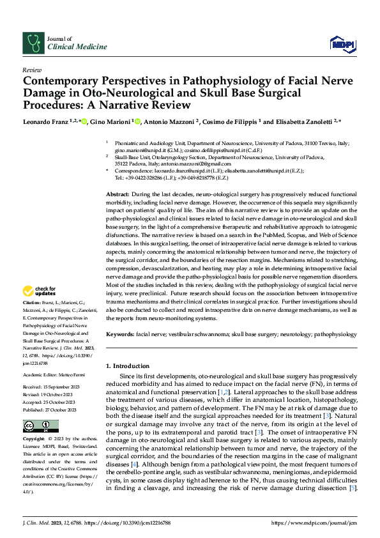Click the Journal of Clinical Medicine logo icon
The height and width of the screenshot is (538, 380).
click(x=31, y=42)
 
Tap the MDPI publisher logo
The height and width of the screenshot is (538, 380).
click(x=342, y=43)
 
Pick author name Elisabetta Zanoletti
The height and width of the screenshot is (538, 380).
click(x=300, y=121)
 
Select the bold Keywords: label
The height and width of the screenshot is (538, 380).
click(x=120, y=334)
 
